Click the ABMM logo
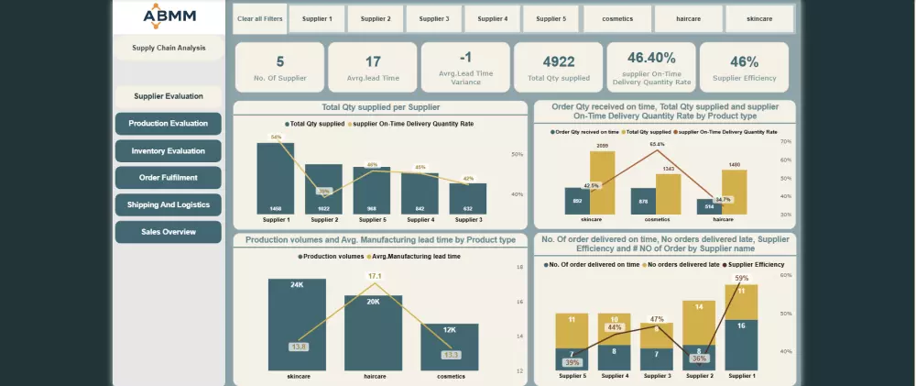(x=169, y=16)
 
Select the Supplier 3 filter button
(x=433, y=18)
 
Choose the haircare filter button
(x=689, y=18)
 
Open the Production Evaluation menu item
(x=169, y=124)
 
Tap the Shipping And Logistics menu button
(x=169, y=205)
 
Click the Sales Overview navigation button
(x=169, y=232)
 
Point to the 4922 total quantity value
(x=559, y=61)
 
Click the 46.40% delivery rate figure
(x=651, y=58)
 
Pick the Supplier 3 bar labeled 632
(x=468, y=198)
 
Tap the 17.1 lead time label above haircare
(x=374, y=276)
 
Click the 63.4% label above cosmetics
(x=658, y=144)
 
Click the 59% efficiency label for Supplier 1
(x=742, y=278)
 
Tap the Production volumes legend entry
(x=332, y=257)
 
